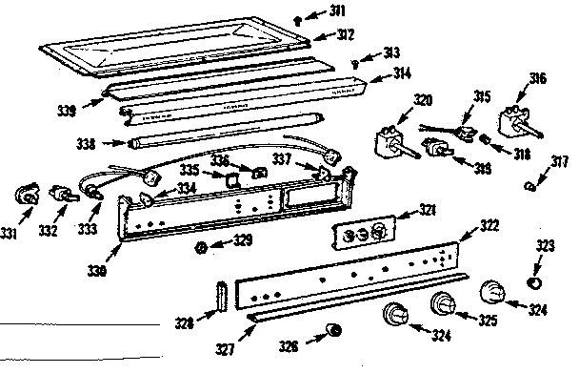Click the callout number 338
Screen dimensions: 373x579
[86, 144]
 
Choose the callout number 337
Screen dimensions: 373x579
[283, 158]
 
